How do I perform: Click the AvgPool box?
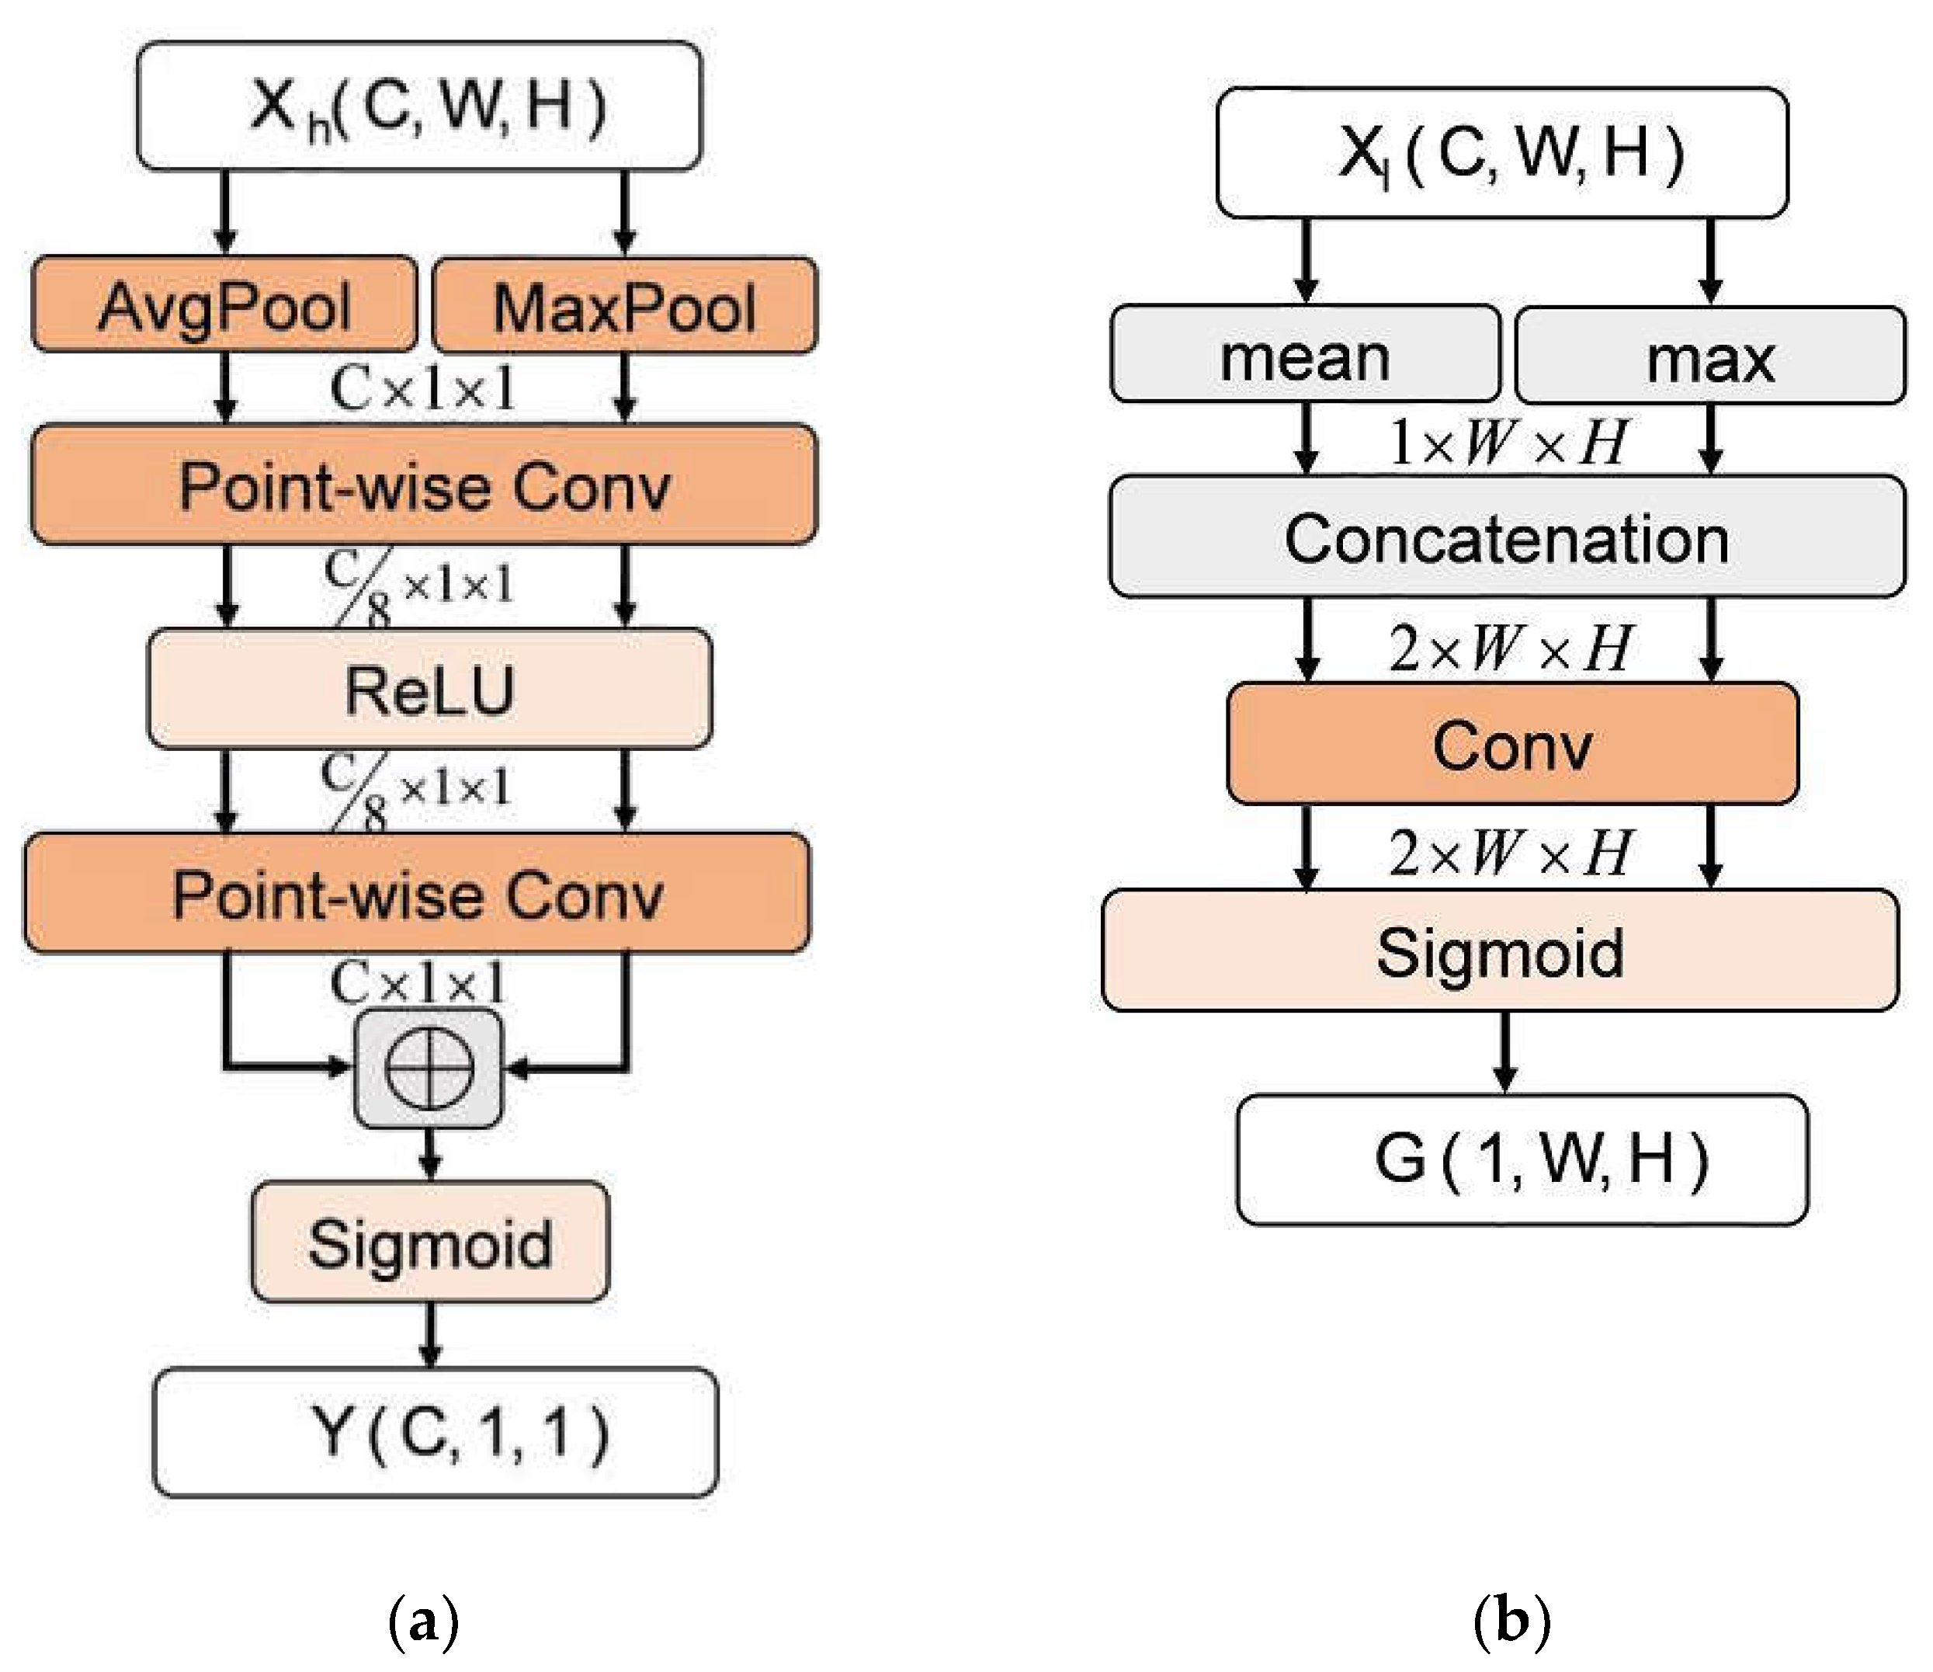224,305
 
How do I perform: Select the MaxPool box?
625,307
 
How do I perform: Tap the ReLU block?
429,690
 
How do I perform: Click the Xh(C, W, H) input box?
419,106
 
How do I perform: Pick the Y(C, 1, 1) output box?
435,1432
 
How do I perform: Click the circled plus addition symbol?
429,1069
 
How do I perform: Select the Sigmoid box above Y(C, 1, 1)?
429,1242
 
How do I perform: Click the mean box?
1305,356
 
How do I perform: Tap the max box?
1710,357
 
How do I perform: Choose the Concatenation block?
1507,537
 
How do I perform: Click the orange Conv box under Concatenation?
1512,744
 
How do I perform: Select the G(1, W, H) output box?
1522,1159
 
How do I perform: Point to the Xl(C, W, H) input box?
1502,153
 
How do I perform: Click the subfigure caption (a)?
422,1622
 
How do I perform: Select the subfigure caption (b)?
1511,1622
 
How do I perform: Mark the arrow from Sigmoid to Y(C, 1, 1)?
429,1334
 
